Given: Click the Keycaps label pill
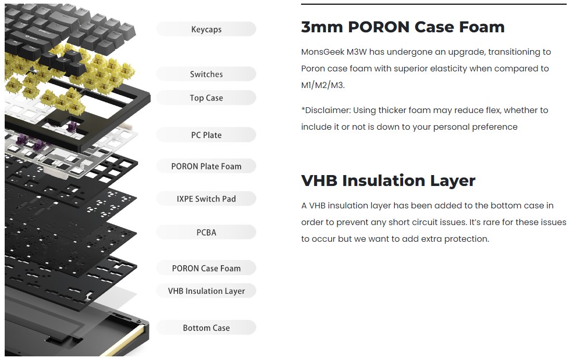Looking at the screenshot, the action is click(x=206, y=29).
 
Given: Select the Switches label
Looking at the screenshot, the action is click(x=206, y=74).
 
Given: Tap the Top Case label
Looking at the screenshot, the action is click(x=206, y=98).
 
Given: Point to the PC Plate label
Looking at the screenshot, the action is click(x=206, y=135).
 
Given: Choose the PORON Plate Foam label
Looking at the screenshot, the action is click(x=206, y=166).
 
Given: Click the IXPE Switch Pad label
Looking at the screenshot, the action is click(x=206, y=199).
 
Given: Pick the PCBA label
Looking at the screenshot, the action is click(x=206, y=232).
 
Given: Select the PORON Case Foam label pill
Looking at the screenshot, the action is click(x=206, y=268).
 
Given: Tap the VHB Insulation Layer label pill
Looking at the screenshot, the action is click(x=206, y=291).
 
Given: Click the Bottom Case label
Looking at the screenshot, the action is click(x=206, y=328).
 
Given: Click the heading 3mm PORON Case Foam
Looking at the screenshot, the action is click(x=403, y=27).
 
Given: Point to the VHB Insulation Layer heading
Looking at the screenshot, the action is click(x=388, y=181).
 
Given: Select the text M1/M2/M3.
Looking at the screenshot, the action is click(x=323, y=85).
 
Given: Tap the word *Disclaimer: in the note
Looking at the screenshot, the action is click(x=326, y=110).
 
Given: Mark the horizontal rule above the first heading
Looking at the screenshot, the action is click(x=433, y=4).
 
